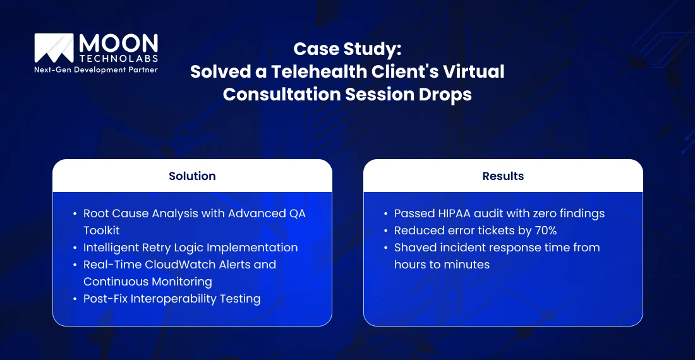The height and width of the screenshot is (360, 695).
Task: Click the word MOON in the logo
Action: (119, 44)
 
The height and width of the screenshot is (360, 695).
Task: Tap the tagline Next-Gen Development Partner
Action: (96, 69)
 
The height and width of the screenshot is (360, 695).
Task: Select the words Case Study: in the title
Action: (347, 49)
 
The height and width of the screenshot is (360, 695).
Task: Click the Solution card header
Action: (192, 176)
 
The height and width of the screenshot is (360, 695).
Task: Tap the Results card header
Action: (503, 176)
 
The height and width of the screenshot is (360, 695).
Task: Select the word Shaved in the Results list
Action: (414, 247)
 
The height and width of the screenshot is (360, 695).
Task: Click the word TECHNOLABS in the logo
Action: (118, 58)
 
